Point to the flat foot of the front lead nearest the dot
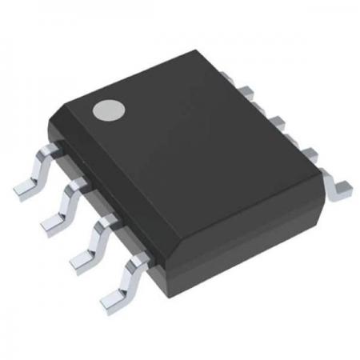pyautogui.click(x=22, y=190)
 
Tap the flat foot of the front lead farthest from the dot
pyautogui.click(x=111, y=302)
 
